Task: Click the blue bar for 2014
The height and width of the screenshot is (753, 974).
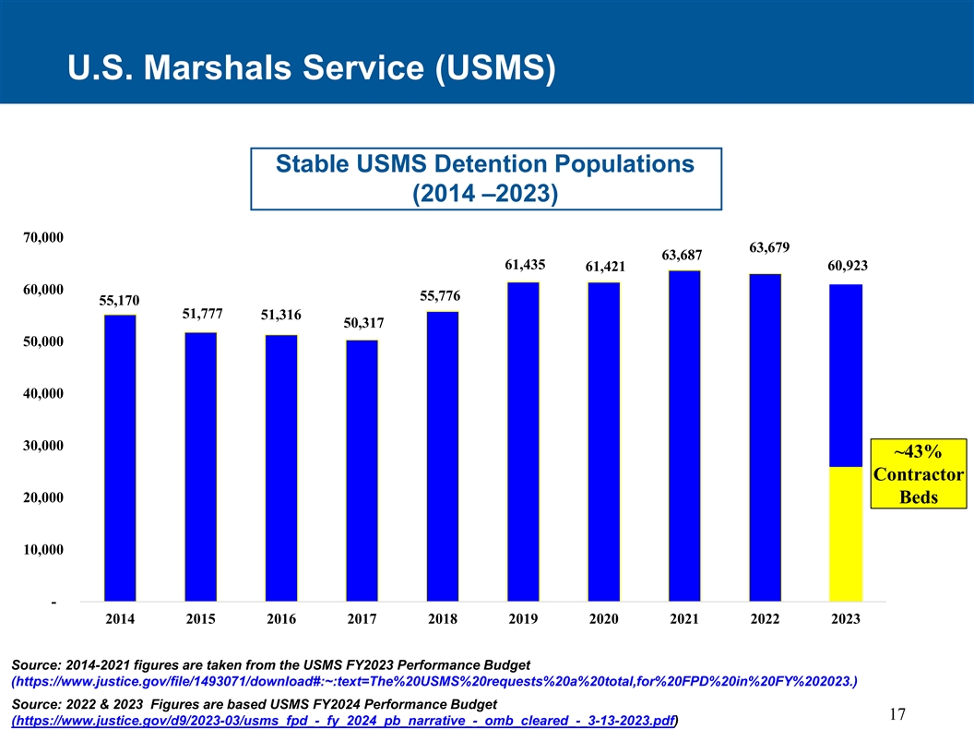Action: (x=120, y=458)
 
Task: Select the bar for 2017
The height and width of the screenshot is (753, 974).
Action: (x=362, y=471)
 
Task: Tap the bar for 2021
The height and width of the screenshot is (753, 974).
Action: (x=684, y=436)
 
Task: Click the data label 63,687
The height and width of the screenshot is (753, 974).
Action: (x=683, y=255)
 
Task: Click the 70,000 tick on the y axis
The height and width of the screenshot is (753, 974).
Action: (x=42, y=238)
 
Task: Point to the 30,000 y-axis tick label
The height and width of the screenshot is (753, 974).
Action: (x=42, y=447)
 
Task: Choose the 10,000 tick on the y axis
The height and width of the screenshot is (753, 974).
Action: (x=42, y=551)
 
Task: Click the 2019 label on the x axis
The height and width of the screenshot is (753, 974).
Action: (x=523, y=620)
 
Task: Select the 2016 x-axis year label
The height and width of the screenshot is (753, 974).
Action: (x=281, y=620)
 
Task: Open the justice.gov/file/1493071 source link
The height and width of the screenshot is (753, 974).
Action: (x=434, y=682)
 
